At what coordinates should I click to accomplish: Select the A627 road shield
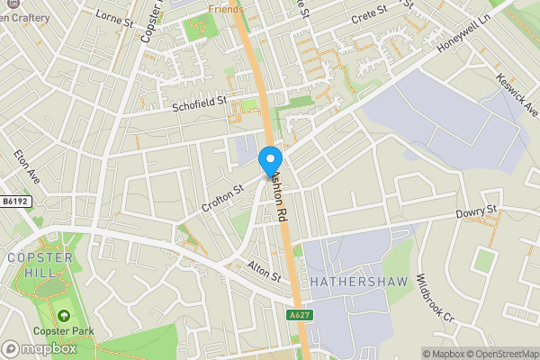coord(299,315)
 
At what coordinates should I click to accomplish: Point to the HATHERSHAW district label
coord(359,282)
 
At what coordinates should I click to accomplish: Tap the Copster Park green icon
coord(64,316)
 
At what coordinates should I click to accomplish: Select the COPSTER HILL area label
coord(34,265)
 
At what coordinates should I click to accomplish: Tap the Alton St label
coord(265,270)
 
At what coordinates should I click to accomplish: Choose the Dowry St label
coord(476,212)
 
